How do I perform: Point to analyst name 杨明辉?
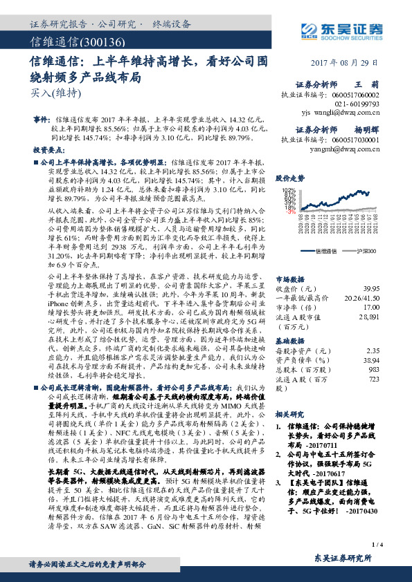tap(386, 129)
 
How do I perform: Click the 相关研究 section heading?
tap(289, 413)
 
